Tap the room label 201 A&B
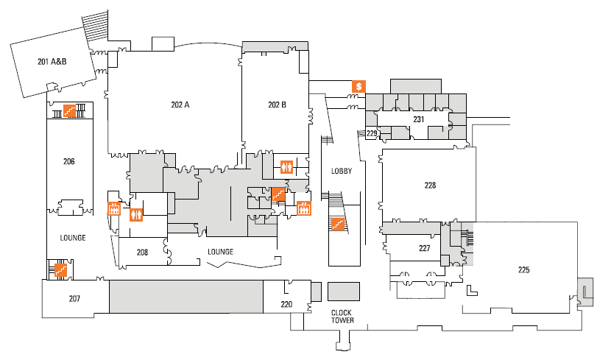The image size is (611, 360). coord(52,62)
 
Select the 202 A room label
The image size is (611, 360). coord(180,105)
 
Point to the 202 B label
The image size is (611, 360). coord(277,105)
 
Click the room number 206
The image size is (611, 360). coord(69,161)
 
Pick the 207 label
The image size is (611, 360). coord(74,298)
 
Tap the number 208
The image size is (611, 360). coord(143,252)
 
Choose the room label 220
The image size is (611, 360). coord(286,303)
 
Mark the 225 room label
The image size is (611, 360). coord(523,269)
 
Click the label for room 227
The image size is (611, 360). coord(424,248)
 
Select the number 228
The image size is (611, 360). coord(431,186)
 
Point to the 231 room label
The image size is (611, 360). coord(419,119)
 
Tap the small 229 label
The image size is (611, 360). coord(372,133)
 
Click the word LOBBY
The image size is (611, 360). coord(342,171)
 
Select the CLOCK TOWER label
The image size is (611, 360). coord(342,316)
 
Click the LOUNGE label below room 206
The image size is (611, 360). coord(73,238)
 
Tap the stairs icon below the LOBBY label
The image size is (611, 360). coord(339,223)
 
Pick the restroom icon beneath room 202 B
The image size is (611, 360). coord(287,166)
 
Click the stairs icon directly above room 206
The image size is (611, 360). coord(70,110)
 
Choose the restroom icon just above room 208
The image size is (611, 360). coord(136,215)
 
